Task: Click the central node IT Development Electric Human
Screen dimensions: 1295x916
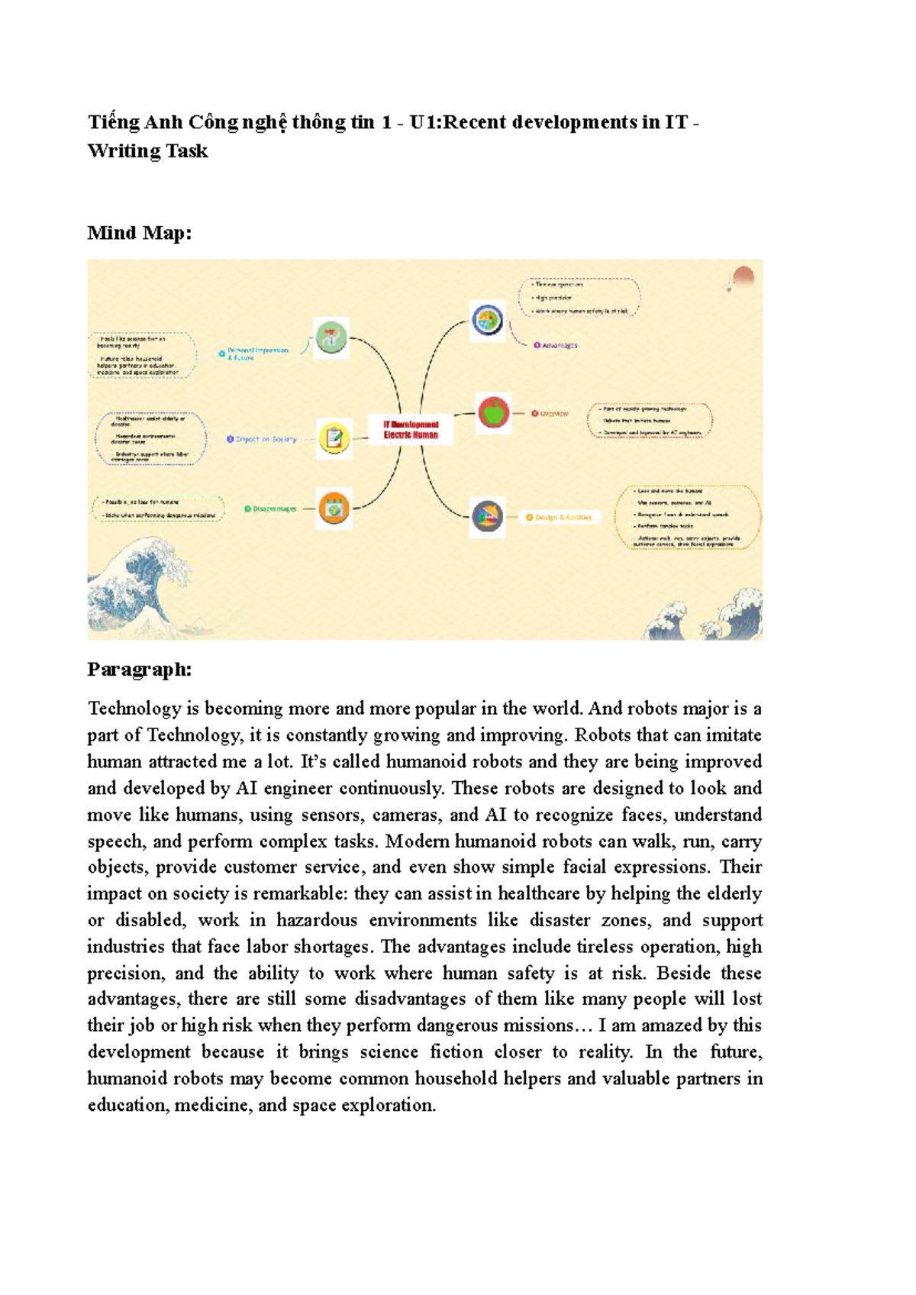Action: [411, 429]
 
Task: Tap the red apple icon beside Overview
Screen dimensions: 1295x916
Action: [494, 412]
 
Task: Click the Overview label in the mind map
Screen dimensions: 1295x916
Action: [553, 413]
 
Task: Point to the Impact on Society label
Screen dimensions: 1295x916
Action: [265, 439]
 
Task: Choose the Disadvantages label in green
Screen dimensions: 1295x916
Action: [273, 509]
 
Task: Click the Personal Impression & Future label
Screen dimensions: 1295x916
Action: [257, 354]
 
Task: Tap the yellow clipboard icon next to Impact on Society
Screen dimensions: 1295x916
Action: [334, 438]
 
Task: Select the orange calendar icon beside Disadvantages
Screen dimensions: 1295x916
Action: [334, 508]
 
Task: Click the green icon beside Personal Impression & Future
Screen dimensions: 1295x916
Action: [331, 337]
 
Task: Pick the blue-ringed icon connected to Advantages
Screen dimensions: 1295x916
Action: [487, 320]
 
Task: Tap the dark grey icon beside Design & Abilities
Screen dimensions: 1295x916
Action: [487, 517]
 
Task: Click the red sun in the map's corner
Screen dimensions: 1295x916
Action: [743, 276]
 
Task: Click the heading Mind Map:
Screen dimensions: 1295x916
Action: [139, 233]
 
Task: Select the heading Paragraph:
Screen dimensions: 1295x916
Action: [139, 670]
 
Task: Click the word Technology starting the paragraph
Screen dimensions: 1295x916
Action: [134, 709]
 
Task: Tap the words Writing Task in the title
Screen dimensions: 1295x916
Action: [147, 150]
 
